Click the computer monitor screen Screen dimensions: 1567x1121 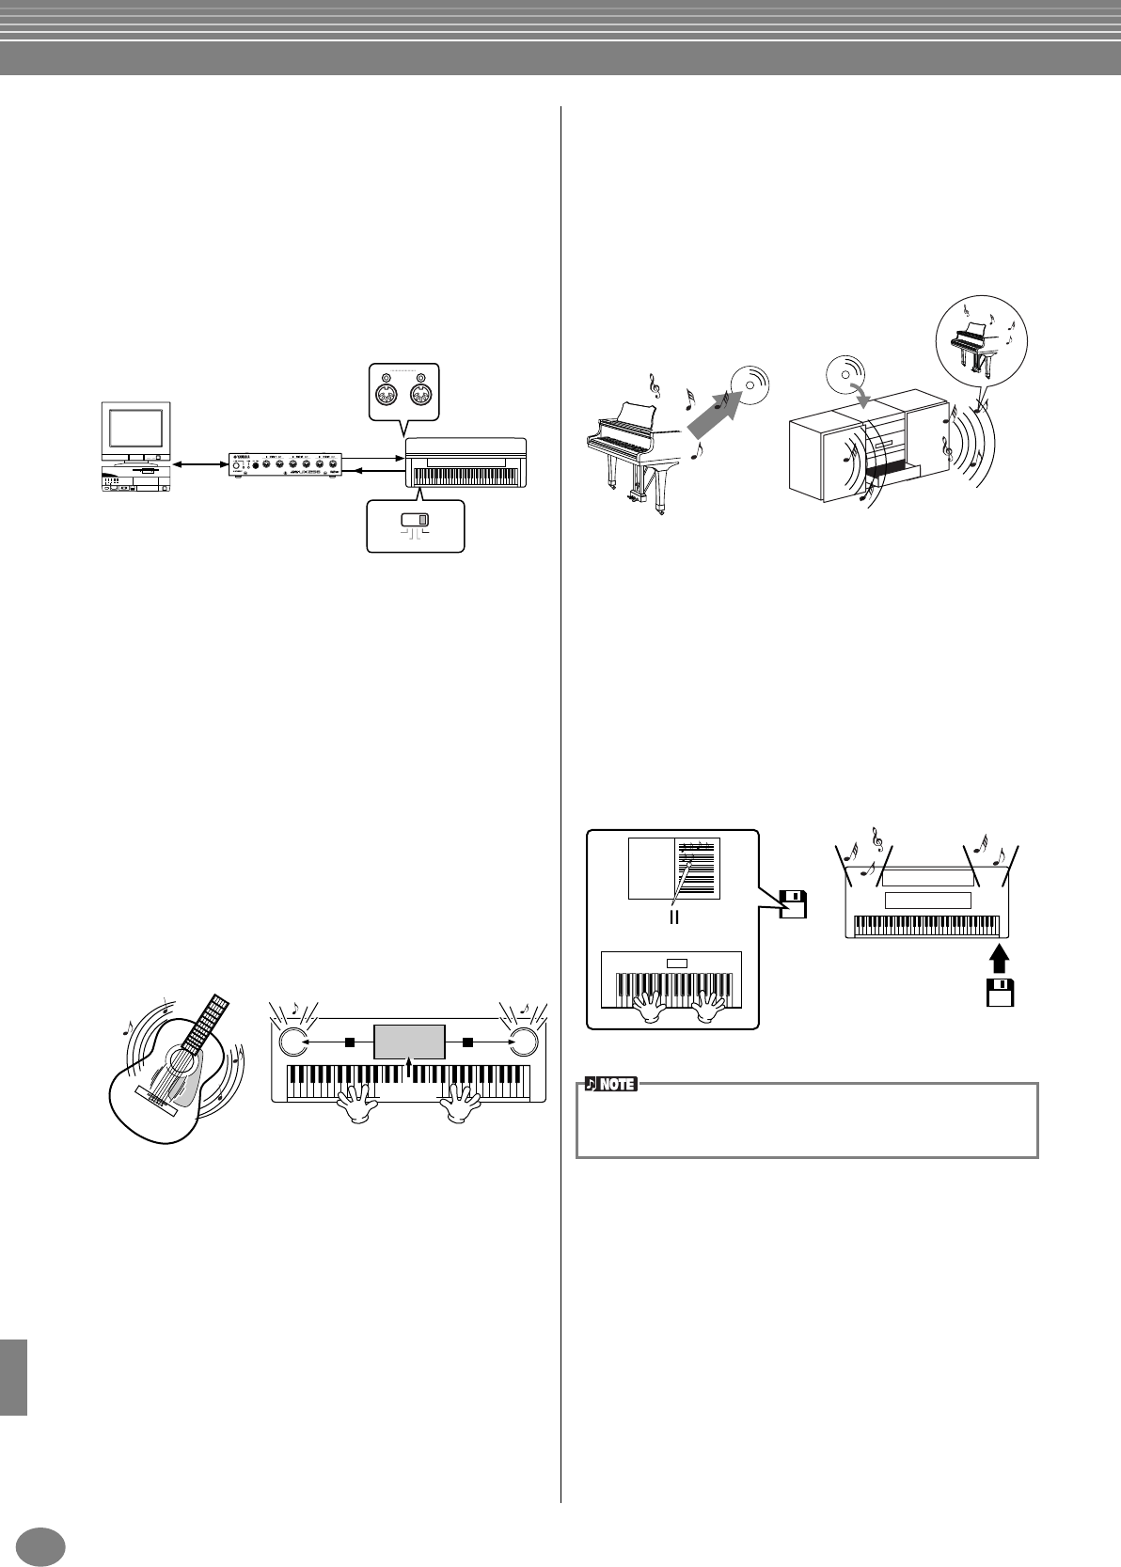[136, 430]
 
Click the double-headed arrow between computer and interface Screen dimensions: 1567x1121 [199, 462]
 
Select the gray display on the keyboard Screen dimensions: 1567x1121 [409, 1042]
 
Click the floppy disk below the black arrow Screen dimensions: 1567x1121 [1000, 993]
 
